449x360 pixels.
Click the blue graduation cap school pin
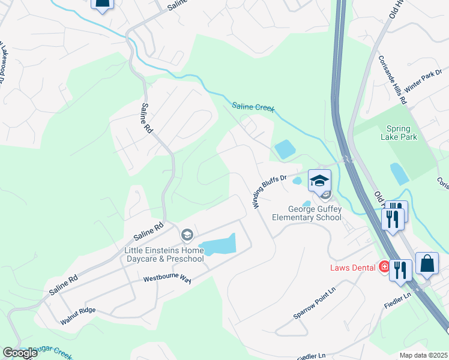[319, 180]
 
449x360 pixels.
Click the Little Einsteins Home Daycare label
[164, 254]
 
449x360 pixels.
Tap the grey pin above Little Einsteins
[187, 234]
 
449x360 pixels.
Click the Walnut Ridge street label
[78, 316]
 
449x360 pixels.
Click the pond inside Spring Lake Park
[399, 173]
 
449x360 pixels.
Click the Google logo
[19, 353]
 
